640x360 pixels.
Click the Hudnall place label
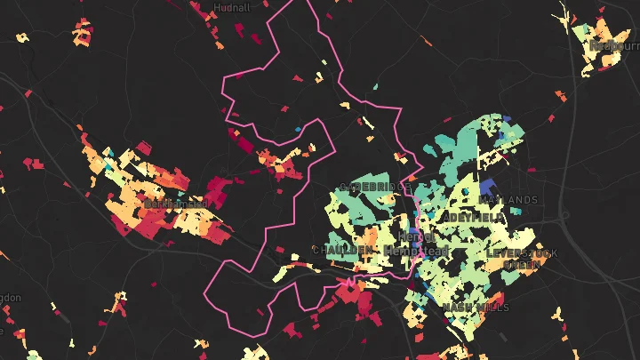[x=231, y=7]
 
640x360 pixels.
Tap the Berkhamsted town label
[x=175, y=204]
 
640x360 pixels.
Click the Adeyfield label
[x=476, y=217]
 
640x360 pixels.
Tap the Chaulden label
[x=342, y=251]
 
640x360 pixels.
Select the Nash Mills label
[x=476, y=308]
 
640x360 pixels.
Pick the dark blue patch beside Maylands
[x=487, y=188]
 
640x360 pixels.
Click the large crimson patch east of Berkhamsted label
[x=216, y=191]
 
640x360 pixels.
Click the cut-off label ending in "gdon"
[x=9, y=297]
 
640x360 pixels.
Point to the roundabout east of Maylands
[x=563, y=216]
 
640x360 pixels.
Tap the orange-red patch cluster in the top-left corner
[x=82, y=34]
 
